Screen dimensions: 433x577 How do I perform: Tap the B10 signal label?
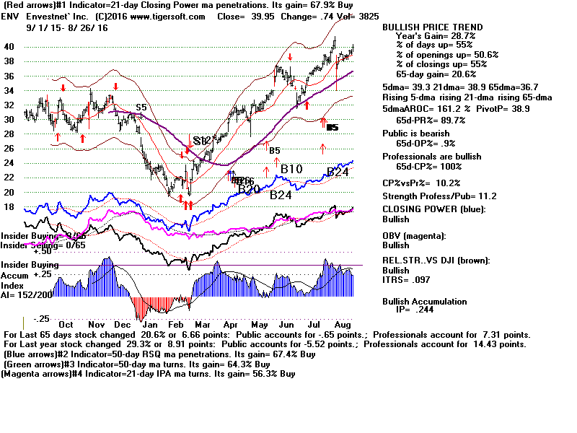(x=291, y=169)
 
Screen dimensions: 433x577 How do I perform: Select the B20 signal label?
(x=249, y=189)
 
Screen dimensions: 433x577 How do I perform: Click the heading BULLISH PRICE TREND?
(x=431, y=27)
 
